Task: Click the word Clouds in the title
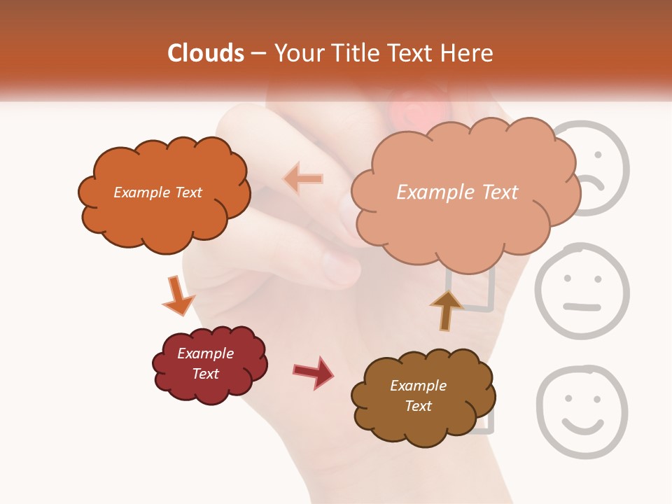[205, 53]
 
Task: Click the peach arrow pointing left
[303, 178]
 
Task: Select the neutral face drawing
[582, 290]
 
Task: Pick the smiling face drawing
[582, 412]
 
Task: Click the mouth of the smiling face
[583, 426]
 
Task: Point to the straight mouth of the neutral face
[582, 306]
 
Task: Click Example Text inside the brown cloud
[418, 395]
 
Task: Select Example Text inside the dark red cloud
[206, 363]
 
